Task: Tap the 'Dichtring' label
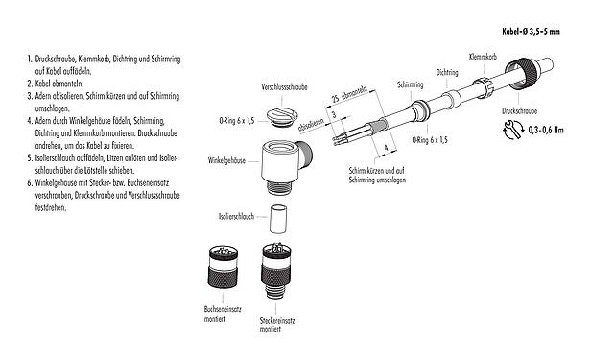446,72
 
